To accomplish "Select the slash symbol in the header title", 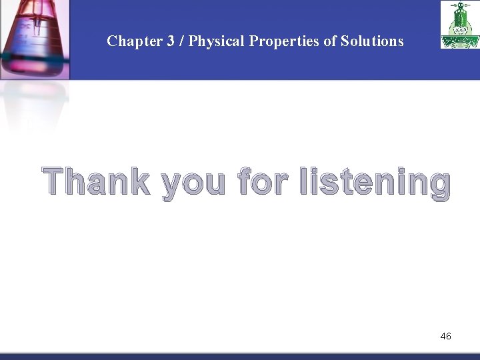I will point(181,41).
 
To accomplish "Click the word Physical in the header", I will point(217,41).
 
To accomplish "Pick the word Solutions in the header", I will point(372,41).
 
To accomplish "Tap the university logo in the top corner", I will point(459,25).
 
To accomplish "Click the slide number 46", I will point(445,336).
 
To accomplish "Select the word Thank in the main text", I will point(97,182).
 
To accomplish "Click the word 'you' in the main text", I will point(193,184).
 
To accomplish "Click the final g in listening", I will point(439,186).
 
